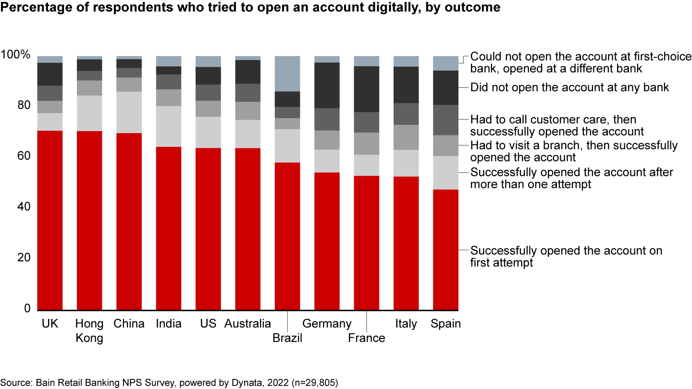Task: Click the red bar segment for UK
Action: point(50,220)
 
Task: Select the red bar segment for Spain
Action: point(445,250)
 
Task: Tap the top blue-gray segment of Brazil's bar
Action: point(287,73)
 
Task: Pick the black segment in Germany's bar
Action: point(327,85)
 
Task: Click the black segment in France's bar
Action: point(366,89)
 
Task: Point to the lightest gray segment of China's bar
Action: point(129,112)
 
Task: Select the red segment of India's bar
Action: point(169,228)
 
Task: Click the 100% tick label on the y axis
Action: point(16,55)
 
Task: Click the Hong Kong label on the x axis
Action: point(89,330)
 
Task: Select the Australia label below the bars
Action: point(247,324)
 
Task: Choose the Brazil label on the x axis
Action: point(287,338)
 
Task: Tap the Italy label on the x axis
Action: point(406,324)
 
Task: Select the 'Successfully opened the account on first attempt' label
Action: point(566,256)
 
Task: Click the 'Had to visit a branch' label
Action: point(573,151)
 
